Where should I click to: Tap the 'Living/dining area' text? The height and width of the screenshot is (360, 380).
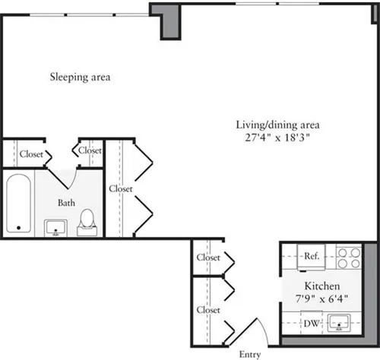tap(276, 125)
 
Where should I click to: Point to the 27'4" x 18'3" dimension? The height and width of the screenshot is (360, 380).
tap(276, 138)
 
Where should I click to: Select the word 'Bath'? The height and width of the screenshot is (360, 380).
tap(67, 203)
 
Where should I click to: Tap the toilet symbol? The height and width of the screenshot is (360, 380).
tap(87, 219)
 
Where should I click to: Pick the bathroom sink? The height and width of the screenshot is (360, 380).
tap(55, 227)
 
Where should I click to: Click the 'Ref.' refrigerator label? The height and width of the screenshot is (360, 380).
tap(310, 256)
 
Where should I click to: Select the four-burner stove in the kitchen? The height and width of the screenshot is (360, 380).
tap(348, 257)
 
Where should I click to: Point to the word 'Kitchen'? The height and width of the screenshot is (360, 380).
tap(321, 287)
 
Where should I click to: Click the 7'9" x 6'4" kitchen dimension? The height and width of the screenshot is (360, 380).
tap(321, 299)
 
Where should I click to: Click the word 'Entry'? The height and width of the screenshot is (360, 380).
tap(249, 354)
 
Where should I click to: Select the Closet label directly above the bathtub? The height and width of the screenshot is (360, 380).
tap(31, 153)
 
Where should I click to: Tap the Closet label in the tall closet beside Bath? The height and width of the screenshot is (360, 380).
tap(121, 188)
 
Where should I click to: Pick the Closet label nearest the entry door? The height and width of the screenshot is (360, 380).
tap(207, 310)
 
